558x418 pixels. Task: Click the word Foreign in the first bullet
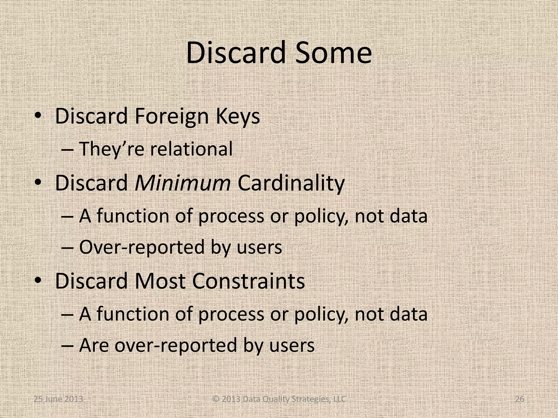pyautogui.click(x=171, y=116)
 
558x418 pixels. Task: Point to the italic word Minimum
pyautogui.click(x=183, y=183)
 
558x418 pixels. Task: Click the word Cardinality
pyautogui.click(x=291, y=183)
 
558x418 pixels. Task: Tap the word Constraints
pyautogui.click(x=248, y=281)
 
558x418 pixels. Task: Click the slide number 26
pyautogui.click(x=520, y=399)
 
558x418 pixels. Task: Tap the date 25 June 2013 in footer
pyautogui.click(x=58, y=399)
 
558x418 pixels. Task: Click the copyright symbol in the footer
pyautogui.click(x=216, y=399)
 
